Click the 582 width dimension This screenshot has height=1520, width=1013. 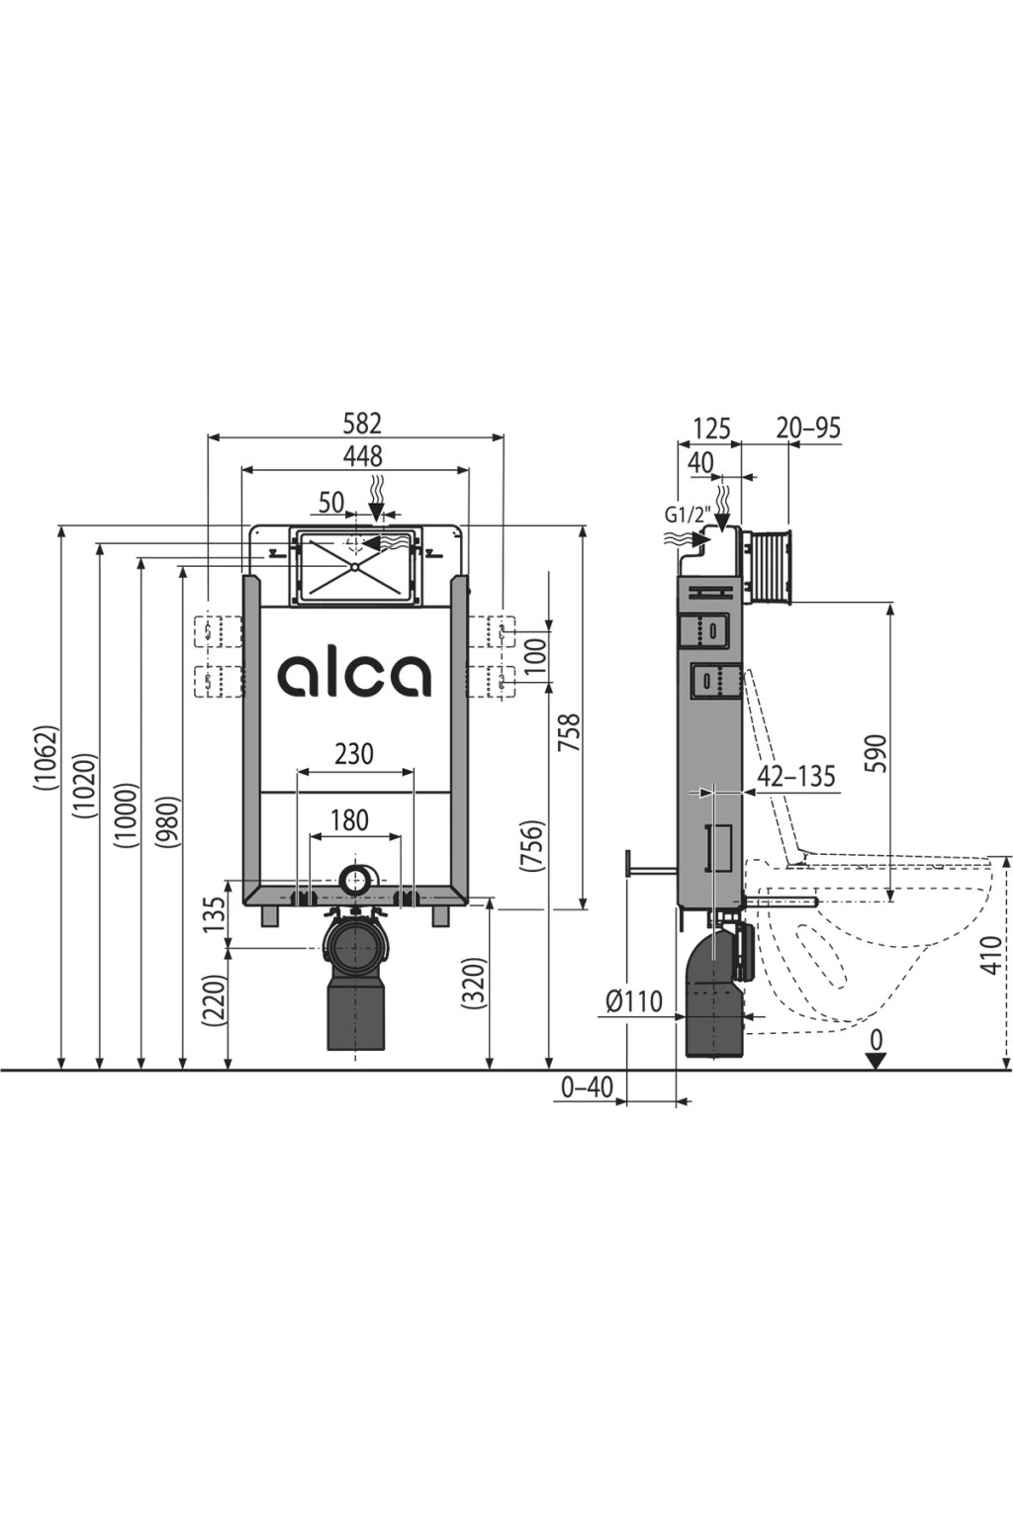point(362,424)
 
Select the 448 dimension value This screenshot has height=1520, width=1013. point(362,456)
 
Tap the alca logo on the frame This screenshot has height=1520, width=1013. point(353,676)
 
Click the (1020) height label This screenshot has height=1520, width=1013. point(88,785)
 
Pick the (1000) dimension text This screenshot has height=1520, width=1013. point(128,816)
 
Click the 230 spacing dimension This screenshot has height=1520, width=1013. point(355,754)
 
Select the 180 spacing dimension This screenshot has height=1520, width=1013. point(349,820)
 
